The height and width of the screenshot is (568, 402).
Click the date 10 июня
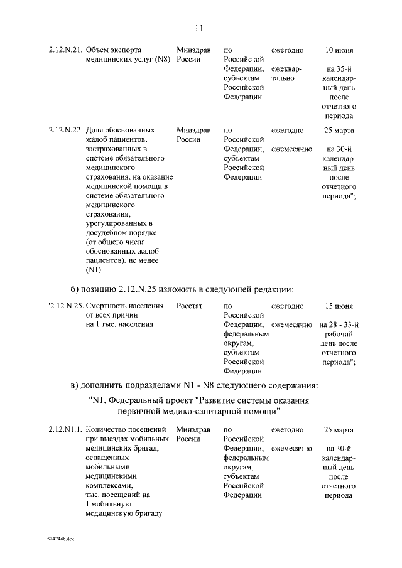click(x=339, y=50)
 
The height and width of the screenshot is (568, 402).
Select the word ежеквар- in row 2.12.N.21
click(x=286, y=68)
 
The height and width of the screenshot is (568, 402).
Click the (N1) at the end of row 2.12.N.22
click(x=94, y=270)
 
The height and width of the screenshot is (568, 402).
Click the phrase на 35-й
click(x=339, y=68)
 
